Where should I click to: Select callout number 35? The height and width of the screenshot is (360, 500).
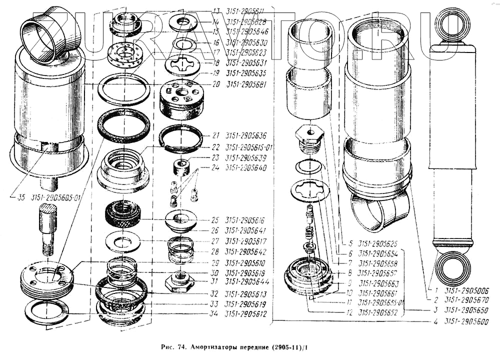[20, 197]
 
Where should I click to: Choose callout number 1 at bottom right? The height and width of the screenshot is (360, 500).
[436, 290]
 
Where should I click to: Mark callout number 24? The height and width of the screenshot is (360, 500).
[215, 168]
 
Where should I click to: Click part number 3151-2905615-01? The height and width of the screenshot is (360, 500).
[249, 147]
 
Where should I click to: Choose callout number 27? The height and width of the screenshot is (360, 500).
[215, 241]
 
